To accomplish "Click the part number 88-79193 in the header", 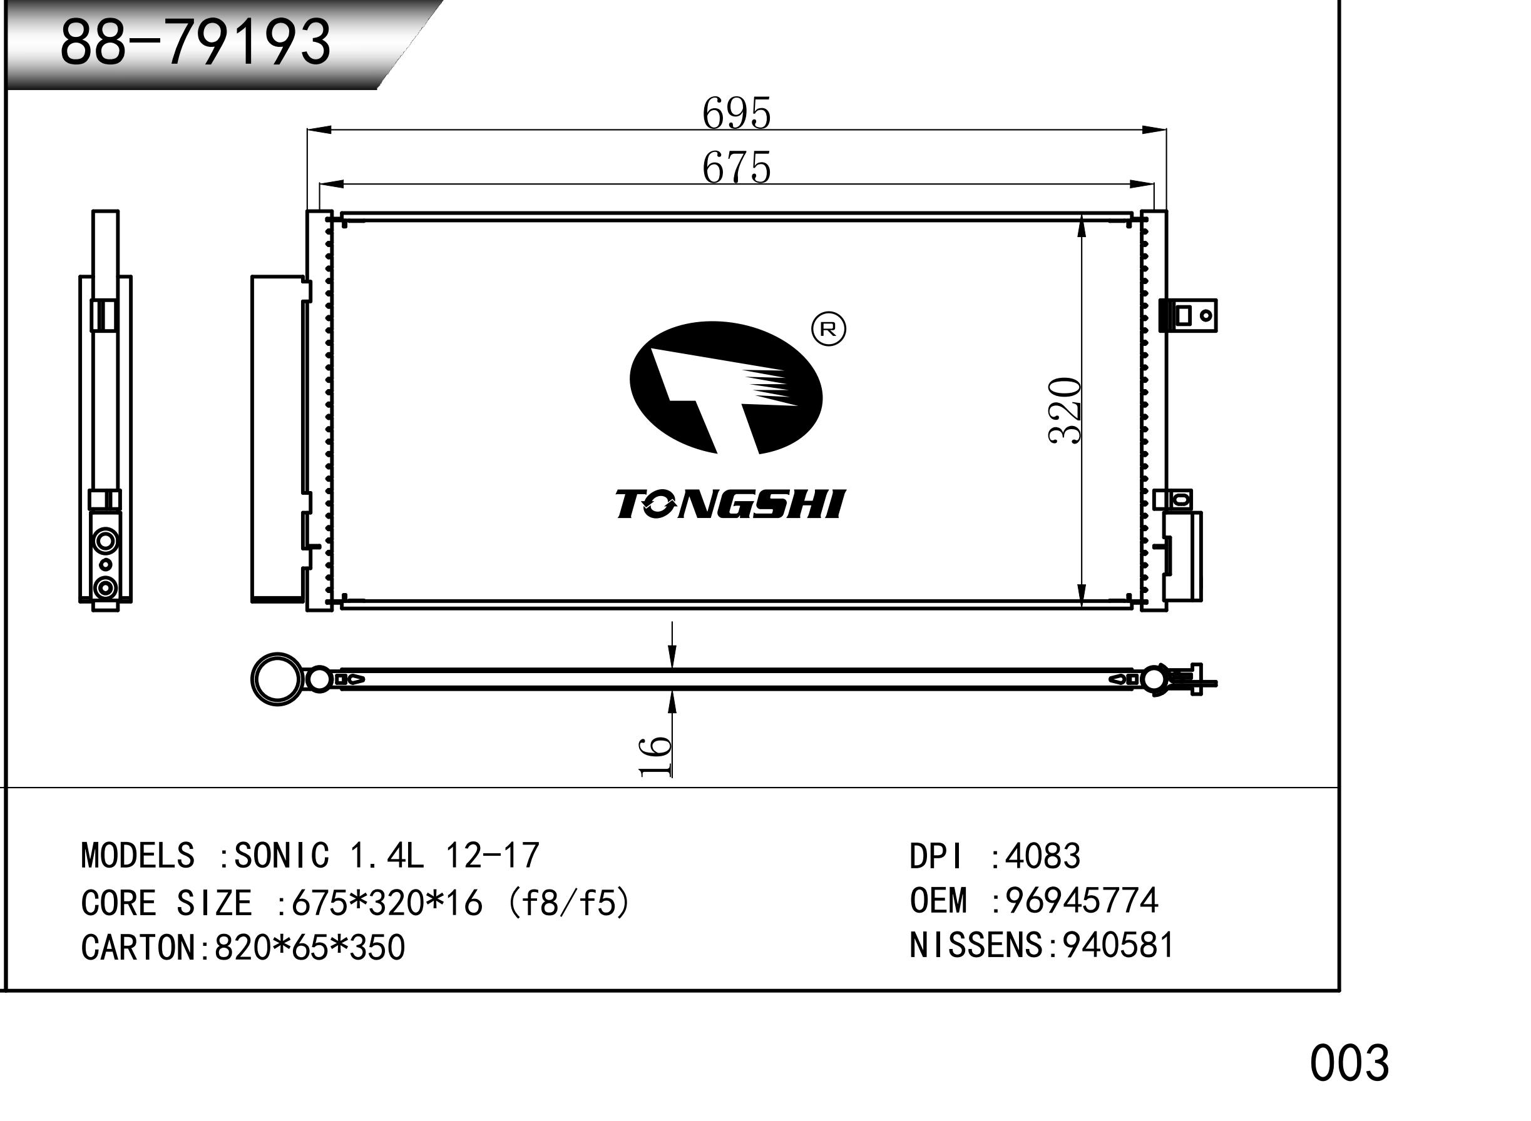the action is (195, 42).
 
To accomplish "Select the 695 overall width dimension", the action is (737, 113).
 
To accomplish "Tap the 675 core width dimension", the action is (737, 167).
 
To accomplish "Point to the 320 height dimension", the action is (1065, 410).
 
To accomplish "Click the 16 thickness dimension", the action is (655, 754).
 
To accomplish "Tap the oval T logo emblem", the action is (726, 387).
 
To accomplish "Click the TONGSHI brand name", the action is (730, 504).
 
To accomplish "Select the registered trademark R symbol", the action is (829, 329).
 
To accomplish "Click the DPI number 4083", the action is (1042, 856).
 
